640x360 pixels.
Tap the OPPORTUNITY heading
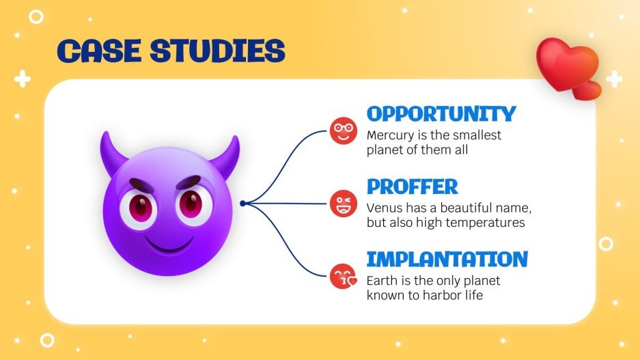click(441, 113)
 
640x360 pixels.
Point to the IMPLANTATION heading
click(447, 259)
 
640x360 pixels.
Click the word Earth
click(380, 280)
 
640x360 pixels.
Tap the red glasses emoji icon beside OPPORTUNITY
click(344, 130)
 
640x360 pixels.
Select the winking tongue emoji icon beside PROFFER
click(344, 203)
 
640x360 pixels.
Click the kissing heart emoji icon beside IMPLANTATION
click(344, 276)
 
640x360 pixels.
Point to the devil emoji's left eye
click(140, 206)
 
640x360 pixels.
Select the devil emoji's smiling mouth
click(168, 243)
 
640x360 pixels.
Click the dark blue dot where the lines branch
click(242, 203)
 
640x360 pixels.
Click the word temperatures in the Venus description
click(490, 223)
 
